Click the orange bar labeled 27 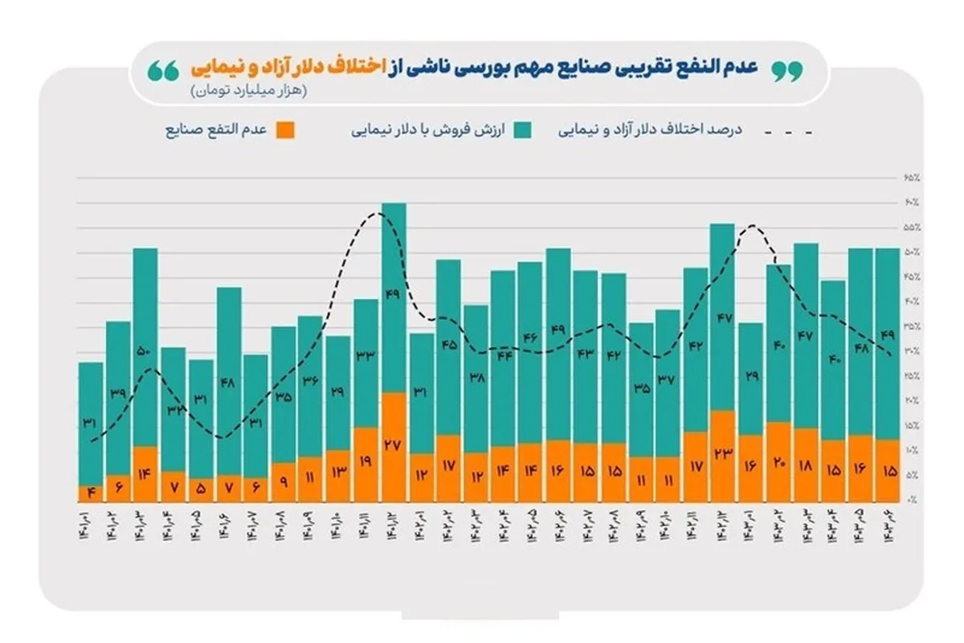click(x=393, y=447)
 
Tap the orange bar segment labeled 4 click(x=91, y=493)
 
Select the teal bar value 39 click(x=118, y=393)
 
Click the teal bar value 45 click(x=448, y=346)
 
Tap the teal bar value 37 click(x=668, y=381)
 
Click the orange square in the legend click(x=284, y=130)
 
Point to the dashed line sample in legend click(x=786, y=130)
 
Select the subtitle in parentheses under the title click(x=249, y=91)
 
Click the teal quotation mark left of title click(x=162, y=70)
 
